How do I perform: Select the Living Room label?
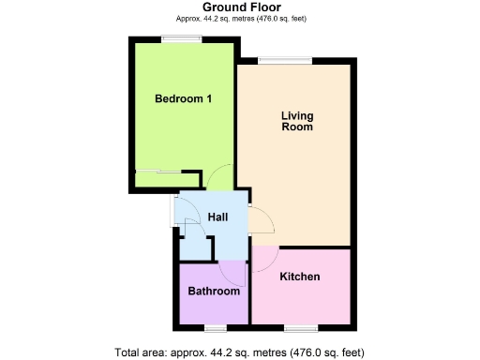(x=297, y=122)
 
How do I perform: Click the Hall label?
(x=217, y=217)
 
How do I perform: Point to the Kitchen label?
(x=300, y=277)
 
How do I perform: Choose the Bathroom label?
(x=214, y=292)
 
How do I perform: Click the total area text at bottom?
(x=239, y=352)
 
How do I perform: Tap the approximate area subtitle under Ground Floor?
(x=241, y=19)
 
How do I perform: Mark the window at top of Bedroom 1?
(x=176, y=38)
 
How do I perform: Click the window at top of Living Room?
(x=273, y=61)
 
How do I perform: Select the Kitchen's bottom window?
(x=299, y=327)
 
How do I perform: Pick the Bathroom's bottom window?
(x=215, y=327)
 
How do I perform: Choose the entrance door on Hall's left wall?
(x=172, y=212)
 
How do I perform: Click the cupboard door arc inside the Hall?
(x=191, y=231)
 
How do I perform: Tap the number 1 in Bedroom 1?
(x=207, y=98)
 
